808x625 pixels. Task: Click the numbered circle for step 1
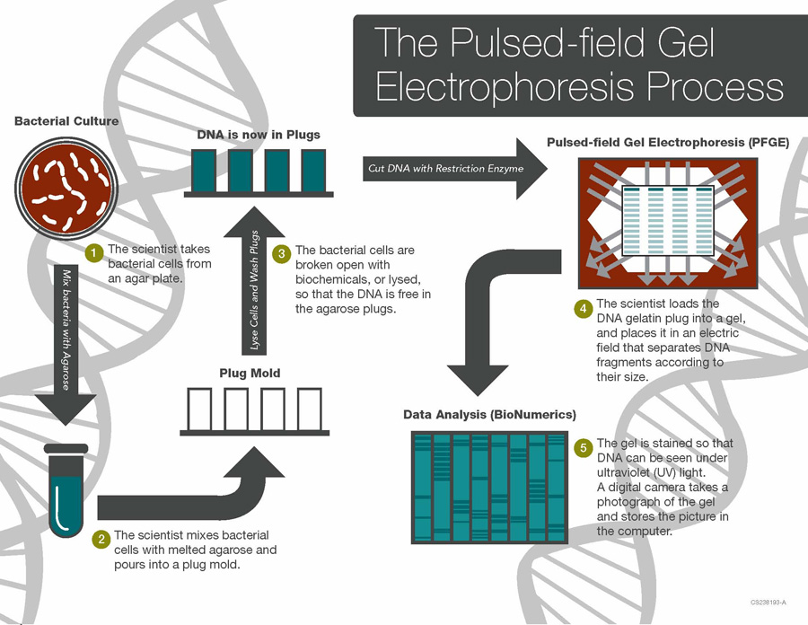tap(94, 251)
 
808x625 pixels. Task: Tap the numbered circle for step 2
tap(101, 539)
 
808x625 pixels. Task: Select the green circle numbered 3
tap(281, 254)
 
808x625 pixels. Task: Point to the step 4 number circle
tap(583, 308)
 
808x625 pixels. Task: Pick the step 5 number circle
tap(583, 447)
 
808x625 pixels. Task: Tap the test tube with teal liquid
tap(66, 493)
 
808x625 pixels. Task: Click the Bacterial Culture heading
tap(66, 120)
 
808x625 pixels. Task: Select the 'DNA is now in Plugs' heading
tap(259, 135)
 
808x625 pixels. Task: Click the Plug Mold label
tap(250, 373)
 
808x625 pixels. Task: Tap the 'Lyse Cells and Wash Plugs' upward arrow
tap(254, 287)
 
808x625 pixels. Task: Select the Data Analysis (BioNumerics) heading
tap(489, 414)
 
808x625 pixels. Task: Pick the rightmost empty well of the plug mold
tap(309, 408)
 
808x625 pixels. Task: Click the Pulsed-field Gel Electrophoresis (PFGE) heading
tap(668, 142)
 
